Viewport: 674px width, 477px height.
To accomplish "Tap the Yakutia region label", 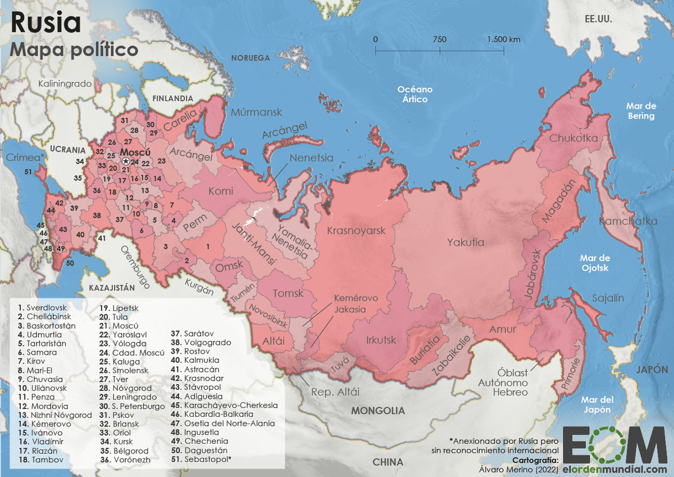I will click(x=465, y=242).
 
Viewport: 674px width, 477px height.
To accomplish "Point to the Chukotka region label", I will click(x=573, y=138).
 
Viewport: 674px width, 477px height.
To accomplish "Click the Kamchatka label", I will click(x=627, y=221).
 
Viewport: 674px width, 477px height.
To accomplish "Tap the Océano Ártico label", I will click(x=415, y=94).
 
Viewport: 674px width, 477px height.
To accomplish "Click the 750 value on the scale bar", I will click(x=439, y=39).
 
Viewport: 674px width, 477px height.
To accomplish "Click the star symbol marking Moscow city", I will click(x=126, y=161).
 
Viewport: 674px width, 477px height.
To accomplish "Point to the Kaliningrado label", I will click(x=65, y=84).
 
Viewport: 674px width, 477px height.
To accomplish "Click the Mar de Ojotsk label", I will click(x=595, y=263).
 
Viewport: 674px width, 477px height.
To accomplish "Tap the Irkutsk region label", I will click(x=381, y=340).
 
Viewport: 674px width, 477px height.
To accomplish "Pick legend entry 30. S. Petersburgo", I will click(x=133, y=406).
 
